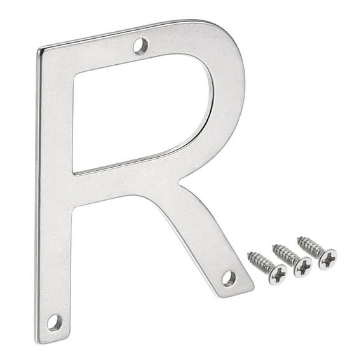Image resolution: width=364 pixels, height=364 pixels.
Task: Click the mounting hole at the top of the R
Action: (x=140, y=46)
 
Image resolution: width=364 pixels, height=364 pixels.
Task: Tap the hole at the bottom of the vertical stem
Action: (x=55, y=323)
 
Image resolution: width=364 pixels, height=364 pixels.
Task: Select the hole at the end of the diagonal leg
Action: (x=229, y=279)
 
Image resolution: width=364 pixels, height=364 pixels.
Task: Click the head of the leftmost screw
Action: (x=278, y=275)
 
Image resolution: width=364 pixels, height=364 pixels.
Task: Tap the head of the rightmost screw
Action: (x=328, y=259)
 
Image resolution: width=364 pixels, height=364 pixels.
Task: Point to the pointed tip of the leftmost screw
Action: (x=248, y=253)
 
